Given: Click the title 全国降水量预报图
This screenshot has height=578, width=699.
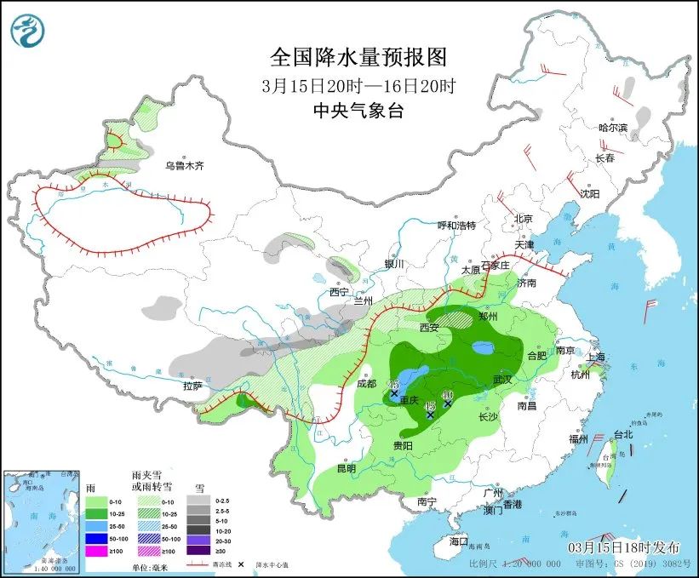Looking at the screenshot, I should tap(358, 57).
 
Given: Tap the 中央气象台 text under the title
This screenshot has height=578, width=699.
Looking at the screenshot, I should tap(358, 111).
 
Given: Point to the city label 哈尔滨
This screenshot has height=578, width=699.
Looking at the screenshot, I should tap(612, 128).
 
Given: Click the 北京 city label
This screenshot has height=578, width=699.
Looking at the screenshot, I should tap(523, 219).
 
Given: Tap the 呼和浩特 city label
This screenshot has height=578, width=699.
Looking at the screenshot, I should tap(456, 226).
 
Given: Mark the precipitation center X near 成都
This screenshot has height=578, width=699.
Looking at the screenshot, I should tap(394, 393).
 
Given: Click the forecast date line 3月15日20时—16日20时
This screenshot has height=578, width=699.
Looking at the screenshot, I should tap(358, 85).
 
